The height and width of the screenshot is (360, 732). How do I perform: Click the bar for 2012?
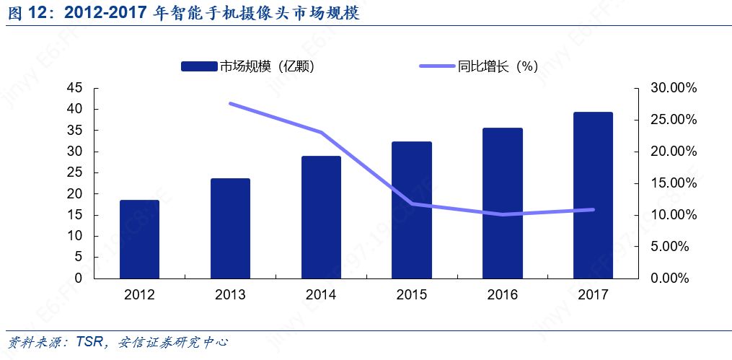139,240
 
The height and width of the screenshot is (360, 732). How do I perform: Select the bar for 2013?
230,229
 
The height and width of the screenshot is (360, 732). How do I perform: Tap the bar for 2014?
321,217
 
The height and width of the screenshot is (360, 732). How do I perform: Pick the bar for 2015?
412,210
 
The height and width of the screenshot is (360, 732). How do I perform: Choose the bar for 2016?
503,203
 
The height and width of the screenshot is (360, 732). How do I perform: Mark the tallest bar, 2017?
593,196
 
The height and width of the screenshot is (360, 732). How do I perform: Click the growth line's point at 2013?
230,104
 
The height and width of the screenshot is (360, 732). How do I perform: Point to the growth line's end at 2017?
593,210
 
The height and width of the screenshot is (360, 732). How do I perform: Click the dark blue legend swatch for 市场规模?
198,66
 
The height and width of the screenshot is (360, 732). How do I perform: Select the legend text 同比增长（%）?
498,66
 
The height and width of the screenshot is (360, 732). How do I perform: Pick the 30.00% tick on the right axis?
669,88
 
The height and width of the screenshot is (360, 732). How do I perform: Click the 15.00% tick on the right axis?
669,183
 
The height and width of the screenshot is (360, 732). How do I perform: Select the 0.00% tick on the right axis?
671,278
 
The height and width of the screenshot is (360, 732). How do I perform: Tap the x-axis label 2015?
412,295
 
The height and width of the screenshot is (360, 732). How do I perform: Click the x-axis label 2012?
139,295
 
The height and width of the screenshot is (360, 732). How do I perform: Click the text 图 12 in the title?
27,13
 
